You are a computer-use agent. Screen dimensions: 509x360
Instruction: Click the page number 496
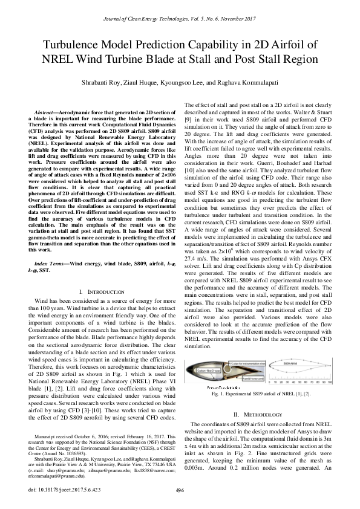pos(180,489)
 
